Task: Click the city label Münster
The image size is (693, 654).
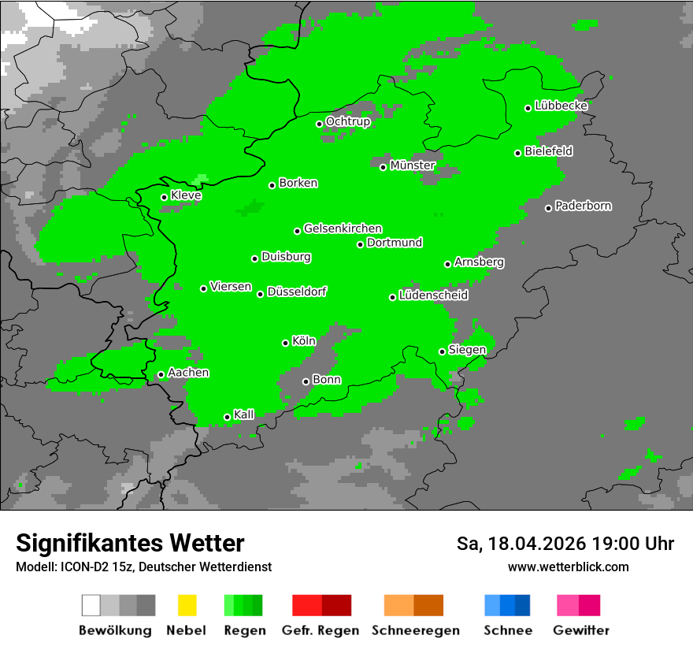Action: point(413,165)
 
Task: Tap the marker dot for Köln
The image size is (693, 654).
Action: point(286,343)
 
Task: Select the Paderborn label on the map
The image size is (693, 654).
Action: point(583,206)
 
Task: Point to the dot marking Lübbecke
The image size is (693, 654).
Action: point(528,108)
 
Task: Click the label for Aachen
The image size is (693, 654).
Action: point(188,373)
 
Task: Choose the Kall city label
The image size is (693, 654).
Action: point(244,414)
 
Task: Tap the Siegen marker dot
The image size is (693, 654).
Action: point(443,351)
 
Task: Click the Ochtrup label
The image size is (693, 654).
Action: point(348,122)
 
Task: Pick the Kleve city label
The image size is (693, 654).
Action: point(186,195)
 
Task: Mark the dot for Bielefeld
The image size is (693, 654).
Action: point(518,153)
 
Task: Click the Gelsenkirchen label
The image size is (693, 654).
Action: point(343,229)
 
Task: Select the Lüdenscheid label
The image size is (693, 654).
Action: point(433,295)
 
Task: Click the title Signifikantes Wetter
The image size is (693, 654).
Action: point(130,544)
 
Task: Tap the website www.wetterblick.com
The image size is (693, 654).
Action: point(568,567)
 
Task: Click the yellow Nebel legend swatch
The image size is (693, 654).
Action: point(187,605)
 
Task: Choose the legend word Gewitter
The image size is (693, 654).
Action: point(581,630)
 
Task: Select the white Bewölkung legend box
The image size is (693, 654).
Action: point(91,605)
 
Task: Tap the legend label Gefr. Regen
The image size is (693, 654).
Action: point(321,630)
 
